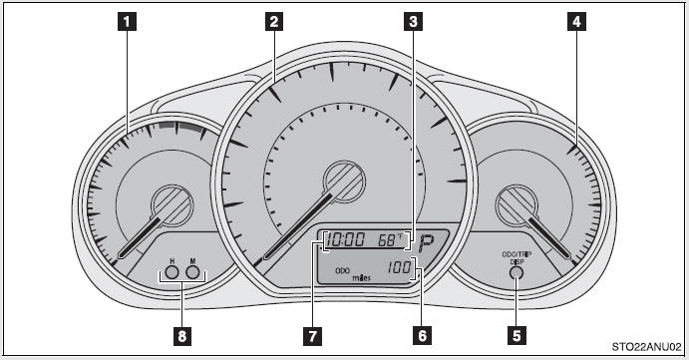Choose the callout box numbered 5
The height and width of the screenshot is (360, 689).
click(x=517, y=337)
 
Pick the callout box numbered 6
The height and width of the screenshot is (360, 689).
click(x=423, y=337)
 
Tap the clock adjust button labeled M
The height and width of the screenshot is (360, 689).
click(x=192, y=270)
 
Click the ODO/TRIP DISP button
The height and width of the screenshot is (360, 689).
click(x=516, y=271)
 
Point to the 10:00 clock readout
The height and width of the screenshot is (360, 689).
click(x=346, y=240)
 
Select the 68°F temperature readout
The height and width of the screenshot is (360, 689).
click(x=391, y=240)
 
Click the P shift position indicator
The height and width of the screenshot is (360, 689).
click(x=429, y=241)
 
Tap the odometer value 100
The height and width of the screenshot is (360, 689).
click(x=399, y=268)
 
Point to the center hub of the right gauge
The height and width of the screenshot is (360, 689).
click(x=518, y=209)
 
